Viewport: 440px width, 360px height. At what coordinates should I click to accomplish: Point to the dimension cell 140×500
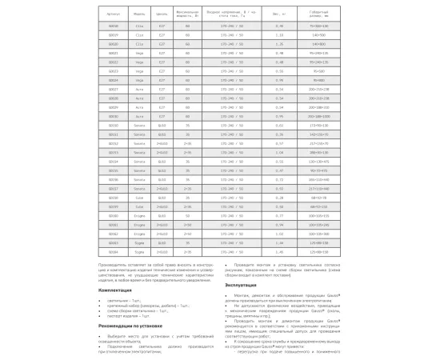pyautogui.click(x=322, y=35)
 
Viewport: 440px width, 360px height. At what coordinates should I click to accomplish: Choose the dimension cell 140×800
pyautogui.click(x=322, y=44)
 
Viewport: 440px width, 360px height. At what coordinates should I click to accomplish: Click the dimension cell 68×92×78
pyautogui.click(x=322, y=196)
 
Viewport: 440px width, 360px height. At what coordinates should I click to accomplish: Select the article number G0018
pyautogui.click(x=113, y=26)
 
